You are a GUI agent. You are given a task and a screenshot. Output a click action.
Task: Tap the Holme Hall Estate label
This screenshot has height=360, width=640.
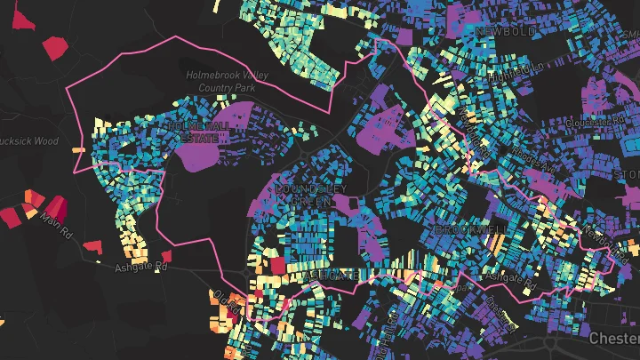196,133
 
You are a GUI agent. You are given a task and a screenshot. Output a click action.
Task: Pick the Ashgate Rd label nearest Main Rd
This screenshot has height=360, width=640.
140,266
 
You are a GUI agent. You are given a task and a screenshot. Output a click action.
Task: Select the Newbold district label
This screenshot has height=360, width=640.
506,31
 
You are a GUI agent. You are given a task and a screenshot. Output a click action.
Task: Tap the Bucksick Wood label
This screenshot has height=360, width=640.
28,140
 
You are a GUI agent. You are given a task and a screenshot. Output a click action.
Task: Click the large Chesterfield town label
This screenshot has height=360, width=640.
615,339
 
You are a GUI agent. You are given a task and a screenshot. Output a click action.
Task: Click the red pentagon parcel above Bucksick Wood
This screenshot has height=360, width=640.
55,46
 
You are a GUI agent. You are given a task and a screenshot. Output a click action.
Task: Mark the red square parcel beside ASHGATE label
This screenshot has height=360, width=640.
278,265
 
